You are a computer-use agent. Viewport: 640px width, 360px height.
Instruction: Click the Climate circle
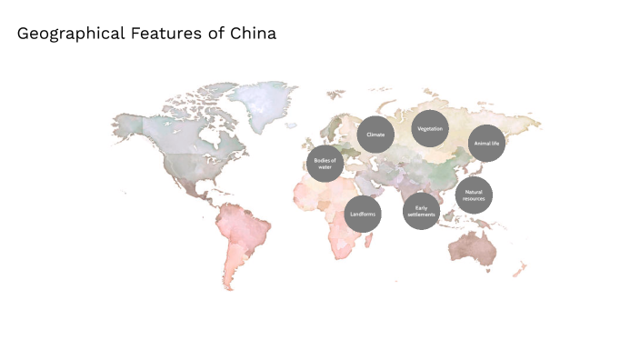(375, 135)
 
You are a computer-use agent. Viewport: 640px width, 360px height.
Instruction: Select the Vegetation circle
(430, 129)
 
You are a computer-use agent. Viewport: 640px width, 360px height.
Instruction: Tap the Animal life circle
(487, 144)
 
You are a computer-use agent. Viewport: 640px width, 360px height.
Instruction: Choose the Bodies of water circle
(325, 164)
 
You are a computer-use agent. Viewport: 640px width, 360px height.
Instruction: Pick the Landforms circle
(363, 215)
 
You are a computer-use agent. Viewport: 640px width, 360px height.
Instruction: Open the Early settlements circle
(421, 211)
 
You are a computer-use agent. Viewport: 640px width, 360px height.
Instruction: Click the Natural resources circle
(474, 195)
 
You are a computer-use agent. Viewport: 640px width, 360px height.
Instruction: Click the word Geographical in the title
(69, 34)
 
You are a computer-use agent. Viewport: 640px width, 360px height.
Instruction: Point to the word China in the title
(255, 34)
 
